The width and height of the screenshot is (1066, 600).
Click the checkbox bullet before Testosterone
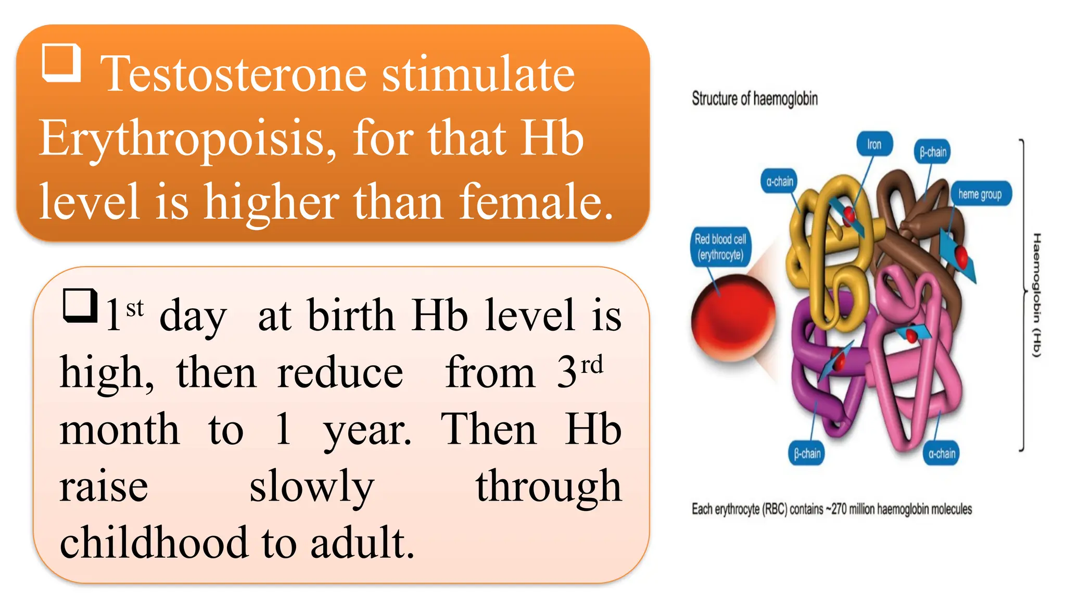61,63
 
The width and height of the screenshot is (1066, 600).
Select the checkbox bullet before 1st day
80,306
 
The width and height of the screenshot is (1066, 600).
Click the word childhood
154,543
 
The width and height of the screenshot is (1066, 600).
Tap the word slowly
311,486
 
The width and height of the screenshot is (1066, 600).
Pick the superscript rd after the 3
592,365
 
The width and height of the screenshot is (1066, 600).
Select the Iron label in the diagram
874,144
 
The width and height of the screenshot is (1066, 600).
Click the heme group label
980,194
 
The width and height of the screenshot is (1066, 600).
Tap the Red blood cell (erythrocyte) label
720,247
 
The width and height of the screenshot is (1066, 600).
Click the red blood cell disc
732,320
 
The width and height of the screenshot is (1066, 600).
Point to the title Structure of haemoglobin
754,98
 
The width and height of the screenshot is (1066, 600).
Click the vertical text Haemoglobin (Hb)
1036,295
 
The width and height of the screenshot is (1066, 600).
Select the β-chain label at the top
932,152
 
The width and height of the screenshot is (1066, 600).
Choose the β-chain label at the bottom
807,454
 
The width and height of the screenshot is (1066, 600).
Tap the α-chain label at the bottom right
942,454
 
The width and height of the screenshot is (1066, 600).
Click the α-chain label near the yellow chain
779,181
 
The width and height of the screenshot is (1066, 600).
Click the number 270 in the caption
839,509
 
